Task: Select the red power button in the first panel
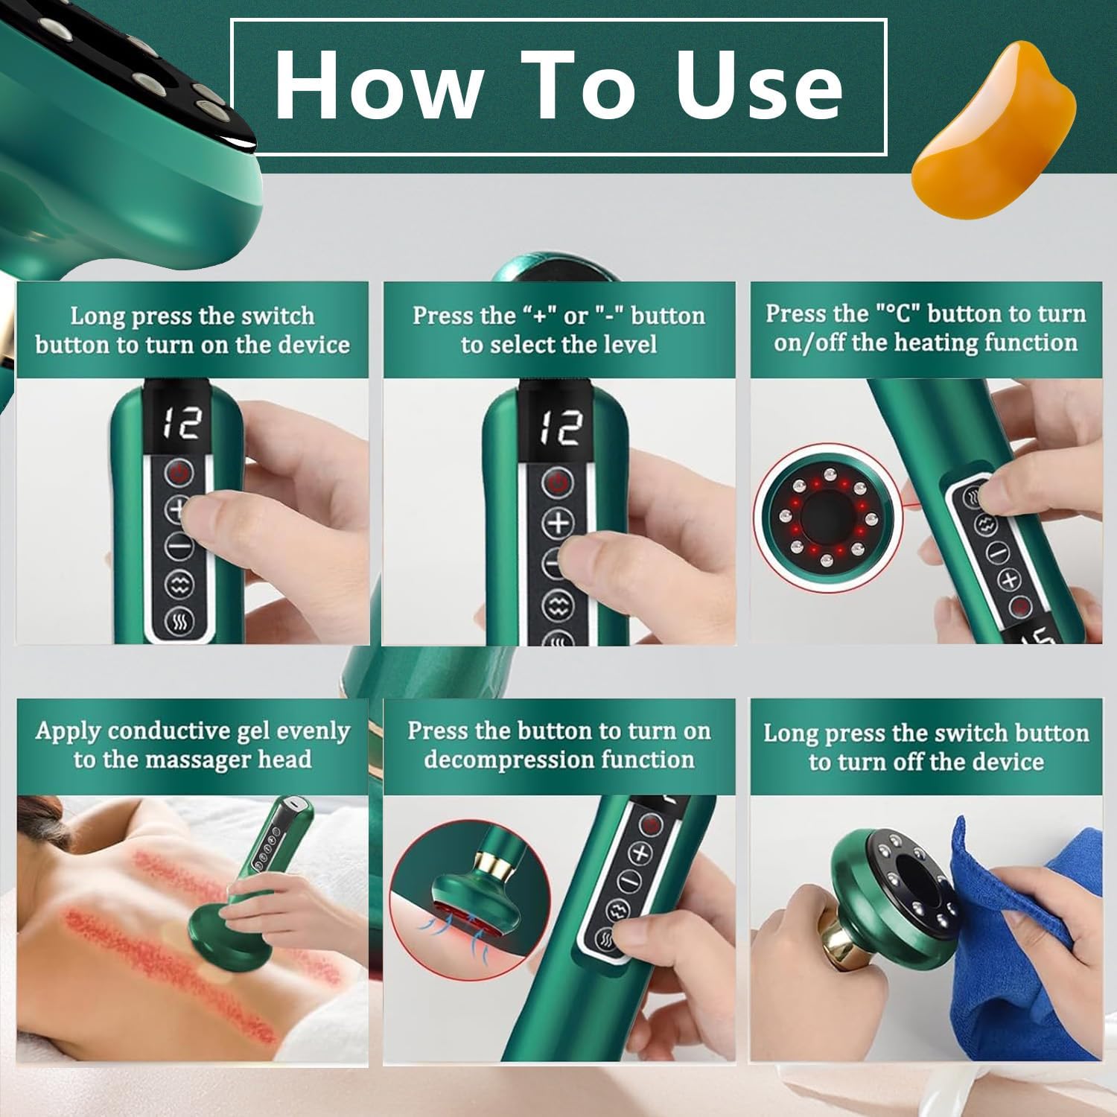pyautogui.click(x=179, y=472)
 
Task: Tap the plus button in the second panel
pyautogui.click(x=557, y=524)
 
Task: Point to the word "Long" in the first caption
pyautogui.click(x=96, y=316)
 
